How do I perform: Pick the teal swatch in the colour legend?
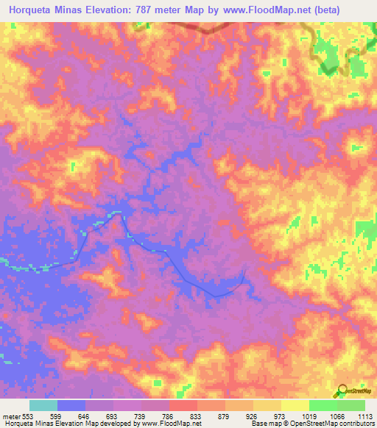pos(43,406)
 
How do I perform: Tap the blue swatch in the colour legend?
pos(71,406)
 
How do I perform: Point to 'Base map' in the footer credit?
pos(263,424)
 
